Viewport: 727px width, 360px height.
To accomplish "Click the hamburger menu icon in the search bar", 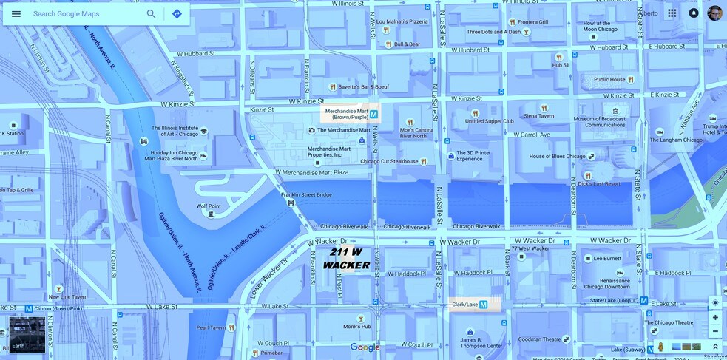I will tap(16, 14).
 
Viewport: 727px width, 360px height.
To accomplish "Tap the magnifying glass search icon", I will tap(152, 14).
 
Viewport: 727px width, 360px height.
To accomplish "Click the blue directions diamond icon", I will tap(177, 14).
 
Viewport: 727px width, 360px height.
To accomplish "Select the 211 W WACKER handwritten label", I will tap(346, 259).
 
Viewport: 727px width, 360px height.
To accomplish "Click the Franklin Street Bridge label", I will tap(306, 195).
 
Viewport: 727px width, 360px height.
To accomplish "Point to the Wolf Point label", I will tap(210, 207).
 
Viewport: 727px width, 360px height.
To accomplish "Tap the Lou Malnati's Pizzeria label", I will tap(402, 22).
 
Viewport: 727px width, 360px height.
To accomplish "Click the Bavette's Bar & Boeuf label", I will tap(364, 87).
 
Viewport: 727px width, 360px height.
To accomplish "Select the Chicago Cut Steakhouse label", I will tap(389, 161).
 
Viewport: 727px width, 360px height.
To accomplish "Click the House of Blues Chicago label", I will tap(557, 157).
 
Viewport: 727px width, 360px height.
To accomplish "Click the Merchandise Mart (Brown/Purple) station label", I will tap(346, 114).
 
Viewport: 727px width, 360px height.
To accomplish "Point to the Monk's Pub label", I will tap(356, 326).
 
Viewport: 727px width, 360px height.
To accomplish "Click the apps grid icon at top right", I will tap(672, 13).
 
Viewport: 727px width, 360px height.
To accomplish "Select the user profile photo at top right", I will tap(714, 13).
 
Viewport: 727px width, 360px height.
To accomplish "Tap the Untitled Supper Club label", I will tap(489, 121).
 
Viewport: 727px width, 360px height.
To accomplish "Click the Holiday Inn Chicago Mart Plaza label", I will tap(174, 155).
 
